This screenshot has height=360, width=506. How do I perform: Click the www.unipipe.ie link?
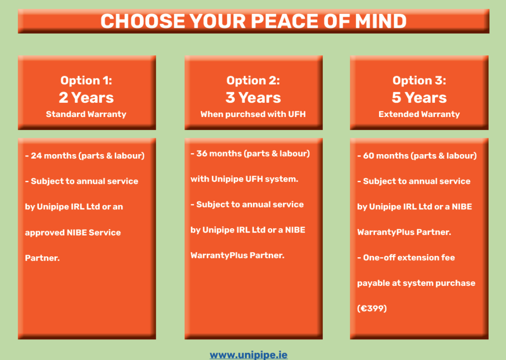249,355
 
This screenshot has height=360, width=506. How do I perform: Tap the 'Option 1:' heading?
86,80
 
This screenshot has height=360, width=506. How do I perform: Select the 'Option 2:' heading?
253,80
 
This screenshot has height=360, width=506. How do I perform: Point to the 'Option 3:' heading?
419,80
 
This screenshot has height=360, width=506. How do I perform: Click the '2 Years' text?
86,97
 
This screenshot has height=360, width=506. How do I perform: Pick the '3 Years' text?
253,97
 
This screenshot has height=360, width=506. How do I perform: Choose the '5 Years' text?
419,97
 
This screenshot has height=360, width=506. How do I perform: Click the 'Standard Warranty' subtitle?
86,114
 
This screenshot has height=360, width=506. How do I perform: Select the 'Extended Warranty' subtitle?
419,114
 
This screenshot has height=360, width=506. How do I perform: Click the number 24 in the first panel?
37,156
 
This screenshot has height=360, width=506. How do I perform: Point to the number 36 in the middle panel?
202,154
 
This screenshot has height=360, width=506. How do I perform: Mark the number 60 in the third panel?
369,156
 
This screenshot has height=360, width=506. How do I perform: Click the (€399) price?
372,308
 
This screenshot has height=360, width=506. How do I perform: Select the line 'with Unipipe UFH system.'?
244,179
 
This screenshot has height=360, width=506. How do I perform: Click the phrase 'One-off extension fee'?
409,257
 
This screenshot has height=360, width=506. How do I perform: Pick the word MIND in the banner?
381,21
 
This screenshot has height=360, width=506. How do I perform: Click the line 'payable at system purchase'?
416,283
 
